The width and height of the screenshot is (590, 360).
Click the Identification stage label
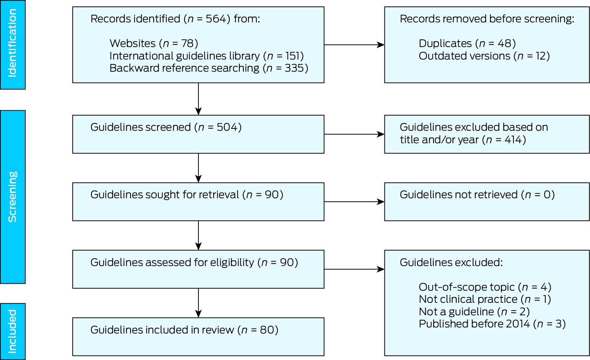pos(12,43)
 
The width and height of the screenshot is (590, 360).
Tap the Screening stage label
pos(12,197)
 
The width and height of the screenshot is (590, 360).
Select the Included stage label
pos(12,331)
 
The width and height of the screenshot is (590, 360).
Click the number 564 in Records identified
pos(216,19)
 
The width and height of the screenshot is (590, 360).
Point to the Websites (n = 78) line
pos(154,44)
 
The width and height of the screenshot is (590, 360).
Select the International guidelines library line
pos(206,56)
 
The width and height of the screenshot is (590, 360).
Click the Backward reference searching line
pos(209,68)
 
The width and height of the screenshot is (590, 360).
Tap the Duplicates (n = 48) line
pos(467,44)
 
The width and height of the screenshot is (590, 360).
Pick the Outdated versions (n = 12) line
pos(484,56)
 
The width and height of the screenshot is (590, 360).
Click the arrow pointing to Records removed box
pos(354,45)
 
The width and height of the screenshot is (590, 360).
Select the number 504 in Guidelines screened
pos(227,127)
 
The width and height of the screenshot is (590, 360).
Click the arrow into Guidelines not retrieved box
pos(354,202)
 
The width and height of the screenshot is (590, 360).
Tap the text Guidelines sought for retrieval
pos(165,194)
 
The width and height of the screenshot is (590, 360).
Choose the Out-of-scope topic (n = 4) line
pos(485,287)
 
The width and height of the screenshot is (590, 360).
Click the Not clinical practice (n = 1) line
pos(485,299)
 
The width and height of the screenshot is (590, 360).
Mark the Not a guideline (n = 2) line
pos(474,311)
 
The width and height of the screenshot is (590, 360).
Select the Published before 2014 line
pos(492,324)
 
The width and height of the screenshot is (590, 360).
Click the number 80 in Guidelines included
pos(267,330)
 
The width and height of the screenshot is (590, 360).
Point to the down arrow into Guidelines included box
pos(198,303)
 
